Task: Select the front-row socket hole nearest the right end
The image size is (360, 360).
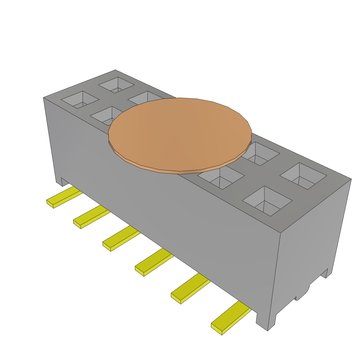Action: pos(268,201)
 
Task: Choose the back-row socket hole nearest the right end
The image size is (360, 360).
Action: pos(303,176)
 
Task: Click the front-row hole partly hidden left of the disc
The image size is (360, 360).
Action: pos(105,116)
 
